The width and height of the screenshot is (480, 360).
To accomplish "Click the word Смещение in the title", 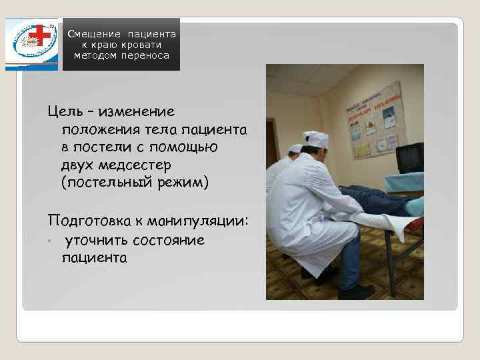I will (x=94, y=33).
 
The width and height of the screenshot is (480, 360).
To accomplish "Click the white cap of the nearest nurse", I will (x=315, y=139).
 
